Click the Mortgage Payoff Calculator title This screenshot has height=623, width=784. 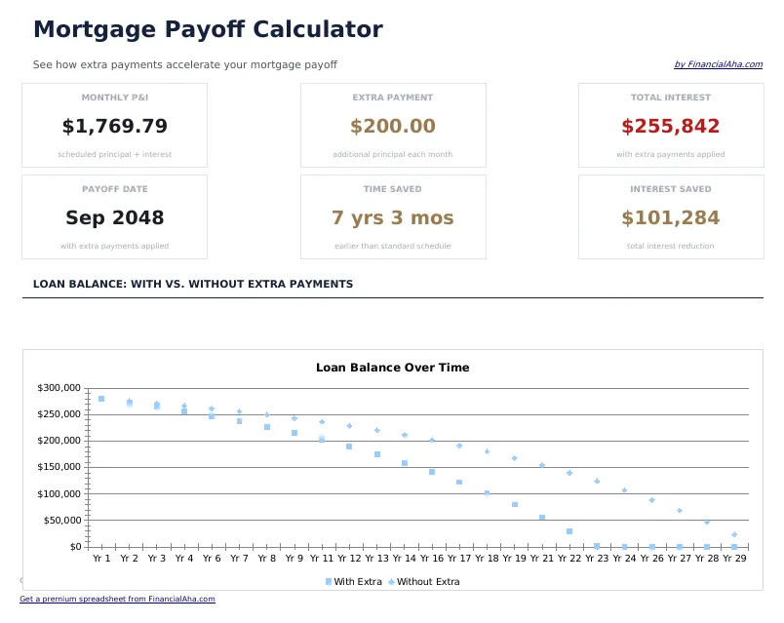tap(208, 30)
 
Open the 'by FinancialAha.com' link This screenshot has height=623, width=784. tap(718, 65)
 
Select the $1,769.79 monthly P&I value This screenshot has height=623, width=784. tap(114, 127)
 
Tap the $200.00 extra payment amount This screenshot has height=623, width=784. tap(393, 127)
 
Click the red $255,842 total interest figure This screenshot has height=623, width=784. tap(671, 127)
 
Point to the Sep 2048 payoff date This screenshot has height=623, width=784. tap(114, 218)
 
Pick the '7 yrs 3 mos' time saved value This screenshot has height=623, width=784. tap(393, 218)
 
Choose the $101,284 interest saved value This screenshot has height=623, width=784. tap(671, 218)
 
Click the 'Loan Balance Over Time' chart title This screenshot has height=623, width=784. tap(393, 368)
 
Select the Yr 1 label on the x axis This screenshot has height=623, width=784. tap(101, 560)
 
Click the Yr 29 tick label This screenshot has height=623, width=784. tap(734, 560)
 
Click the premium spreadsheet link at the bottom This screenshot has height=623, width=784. tap(117, 600)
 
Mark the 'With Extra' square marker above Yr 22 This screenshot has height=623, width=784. tap(569, 531)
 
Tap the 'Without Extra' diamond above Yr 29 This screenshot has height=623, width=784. tap(734, 534)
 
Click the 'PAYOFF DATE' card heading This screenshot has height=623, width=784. tap(114, 189)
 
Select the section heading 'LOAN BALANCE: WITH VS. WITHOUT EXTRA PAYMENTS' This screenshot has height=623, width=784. tap(193, 285)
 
